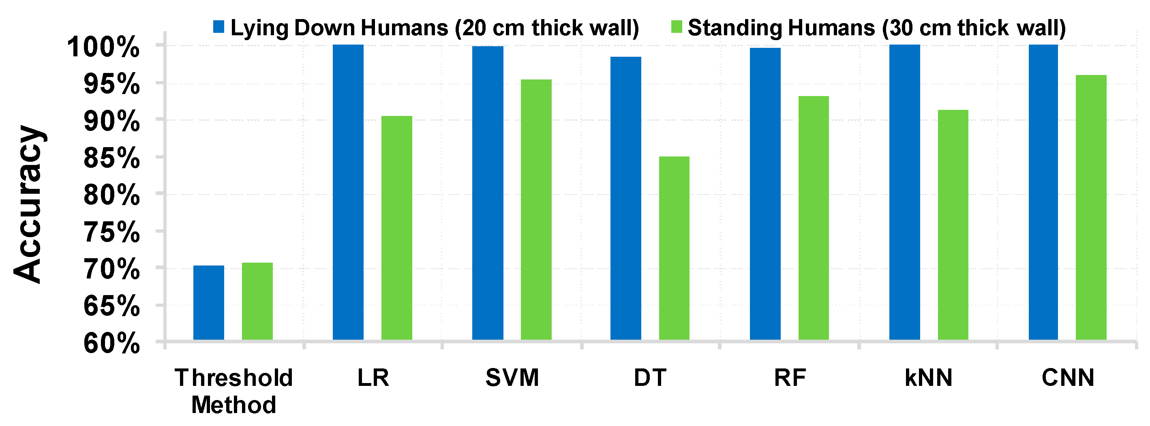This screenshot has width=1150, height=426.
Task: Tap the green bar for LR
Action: (x=396, y=228)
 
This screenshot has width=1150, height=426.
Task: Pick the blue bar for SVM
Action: (x=488, y=193)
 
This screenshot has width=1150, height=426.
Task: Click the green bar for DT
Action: (x=674, y=248)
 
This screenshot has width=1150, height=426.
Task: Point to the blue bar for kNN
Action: (x=904, y=192)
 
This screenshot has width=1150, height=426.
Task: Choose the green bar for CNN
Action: (x=1091, y=207)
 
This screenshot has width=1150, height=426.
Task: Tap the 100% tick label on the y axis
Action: (x=103, y=47)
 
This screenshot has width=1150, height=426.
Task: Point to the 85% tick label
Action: (x=111, y=158)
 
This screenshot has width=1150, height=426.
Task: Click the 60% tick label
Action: (x=111, y=344)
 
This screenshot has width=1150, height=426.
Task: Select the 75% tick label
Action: (x=111, y=232)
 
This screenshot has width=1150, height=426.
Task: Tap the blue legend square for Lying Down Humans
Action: (x=219, y=26)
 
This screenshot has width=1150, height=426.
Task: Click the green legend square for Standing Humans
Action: (x=676, y=26)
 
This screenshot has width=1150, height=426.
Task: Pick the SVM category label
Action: (x=512, y=378)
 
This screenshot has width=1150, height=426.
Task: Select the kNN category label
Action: (x=929, y=378)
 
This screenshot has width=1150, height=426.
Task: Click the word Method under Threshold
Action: (x=233, y=405)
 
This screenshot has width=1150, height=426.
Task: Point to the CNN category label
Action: (x=1068, y=378)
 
